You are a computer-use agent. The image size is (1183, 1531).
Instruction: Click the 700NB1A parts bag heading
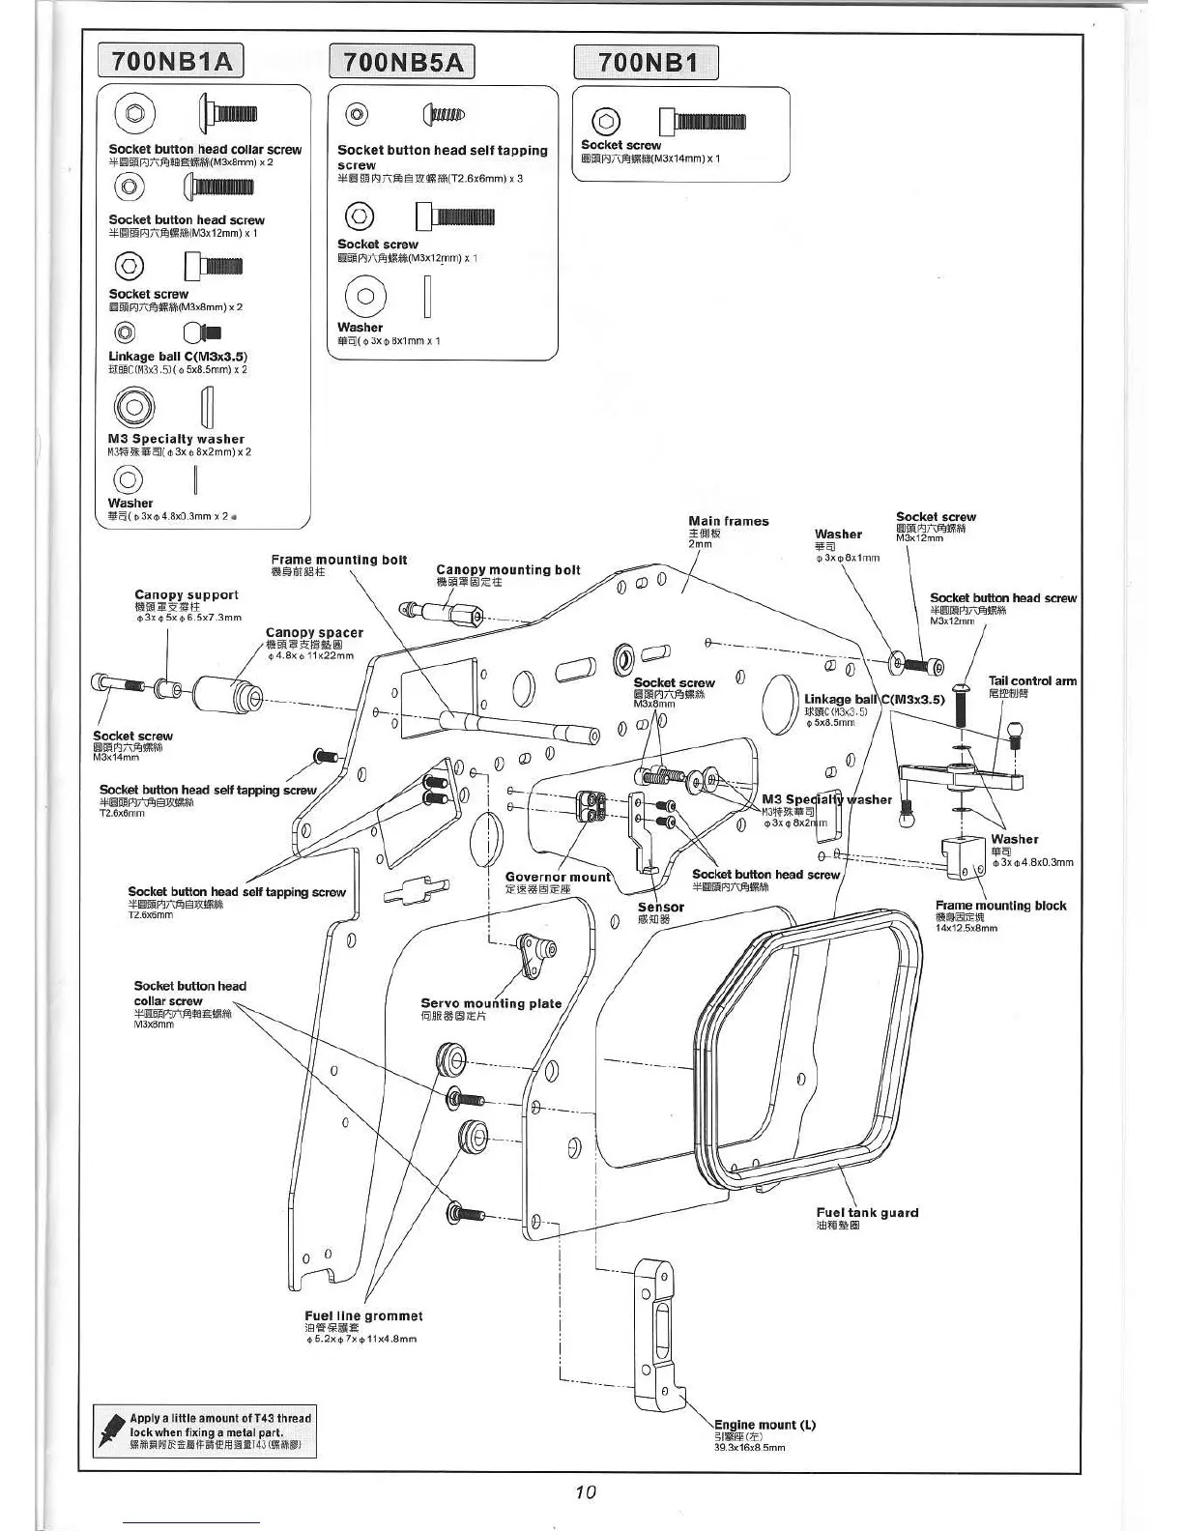click(172, 62)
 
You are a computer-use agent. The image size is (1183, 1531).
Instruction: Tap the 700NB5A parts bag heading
click(403, 63)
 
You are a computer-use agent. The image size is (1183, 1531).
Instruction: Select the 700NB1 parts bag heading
click(647, 63)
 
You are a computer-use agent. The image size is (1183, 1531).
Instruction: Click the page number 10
click(586, 1491)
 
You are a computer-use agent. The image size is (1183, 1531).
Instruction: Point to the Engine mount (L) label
click(764, 1425)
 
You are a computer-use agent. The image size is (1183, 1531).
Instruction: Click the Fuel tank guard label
click(867, 1212)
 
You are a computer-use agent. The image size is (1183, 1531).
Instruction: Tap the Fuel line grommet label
click(363, 1315)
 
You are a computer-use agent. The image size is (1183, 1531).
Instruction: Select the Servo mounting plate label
click(491, 1003)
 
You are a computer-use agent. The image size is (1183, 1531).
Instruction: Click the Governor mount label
click(558, 878)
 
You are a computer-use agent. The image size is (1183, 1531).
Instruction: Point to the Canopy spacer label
click(314, 633)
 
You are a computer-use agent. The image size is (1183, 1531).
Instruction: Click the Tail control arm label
click(1031, 680)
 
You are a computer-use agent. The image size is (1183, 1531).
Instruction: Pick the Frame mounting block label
click(1000, 906)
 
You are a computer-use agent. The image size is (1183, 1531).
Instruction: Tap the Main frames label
click(728, 521)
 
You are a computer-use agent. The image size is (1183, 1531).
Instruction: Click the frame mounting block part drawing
click(967, 857)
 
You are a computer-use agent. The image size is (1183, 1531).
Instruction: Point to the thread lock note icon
click(110, 1431)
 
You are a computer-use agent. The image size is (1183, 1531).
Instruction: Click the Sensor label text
click(661, 908)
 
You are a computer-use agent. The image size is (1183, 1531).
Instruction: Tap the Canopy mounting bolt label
click(508, 570)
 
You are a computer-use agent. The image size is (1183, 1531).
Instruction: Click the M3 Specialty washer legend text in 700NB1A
click(176, 439)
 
